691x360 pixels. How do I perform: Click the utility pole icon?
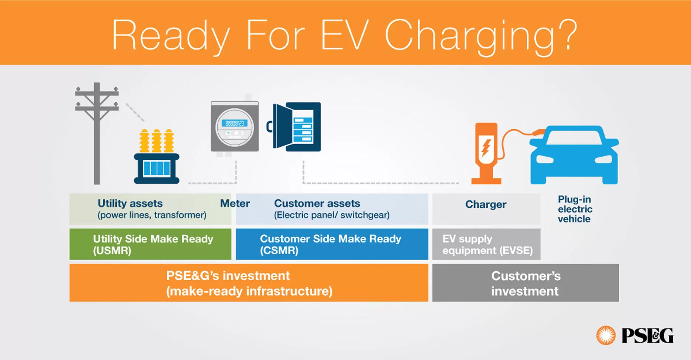tap(97, 133)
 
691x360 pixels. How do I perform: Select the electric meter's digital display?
tap(235, 123)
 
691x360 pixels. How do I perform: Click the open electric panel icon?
tap(297, 127)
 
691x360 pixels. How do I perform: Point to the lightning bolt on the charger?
tap(486, 147)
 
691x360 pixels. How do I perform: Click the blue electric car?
tap(574, 155)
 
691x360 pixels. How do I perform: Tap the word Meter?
tap(235, 203)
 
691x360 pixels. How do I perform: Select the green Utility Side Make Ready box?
tap(150, 244)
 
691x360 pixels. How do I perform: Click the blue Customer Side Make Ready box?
tap(331, 244)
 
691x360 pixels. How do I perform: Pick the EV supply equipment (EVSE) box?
tap(486, 244)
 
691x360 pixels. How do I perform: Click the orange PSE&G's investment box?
tap(249, 283)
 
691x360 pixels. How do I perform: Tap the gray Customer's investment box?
tap(525, 283)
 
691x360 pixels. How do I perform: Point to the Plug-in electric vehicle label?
tap(575, 209)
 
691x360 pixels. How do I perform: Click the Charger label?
tap(486, 204)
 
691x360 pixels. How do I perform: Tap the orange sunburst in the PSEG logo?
tap(606, 335)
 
